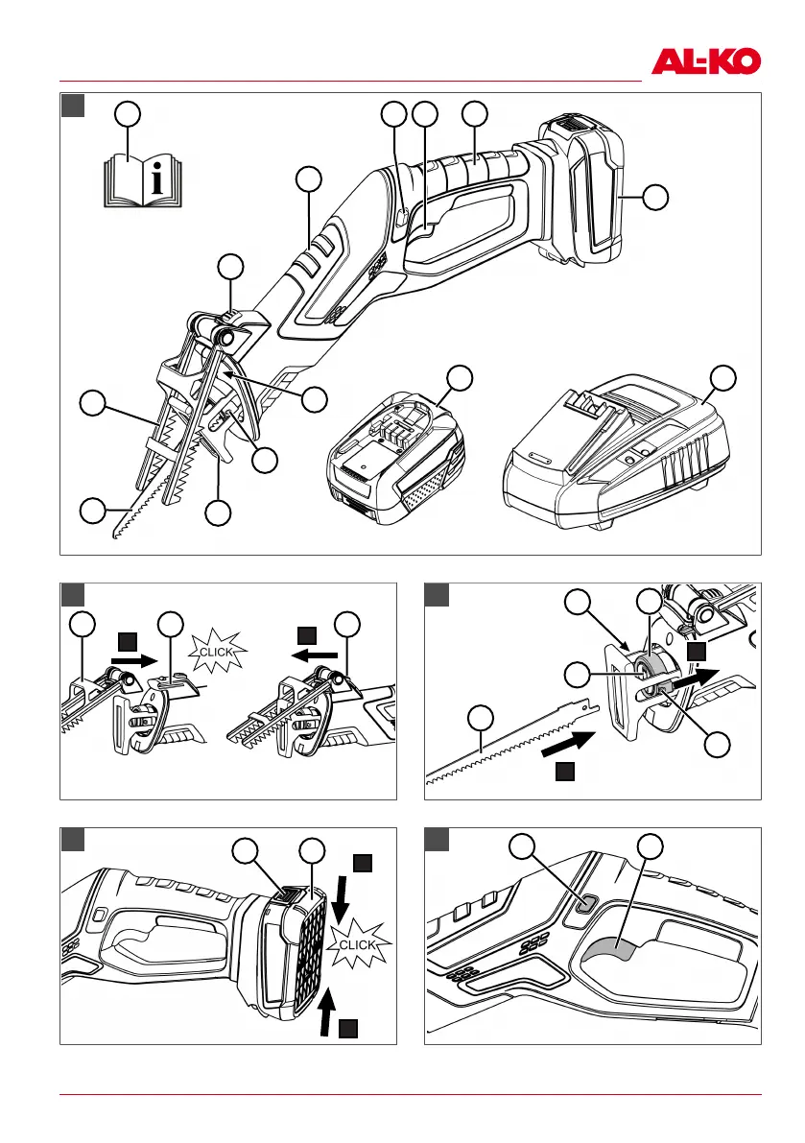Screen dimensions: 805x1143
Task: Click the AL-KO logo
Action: click(705, 62)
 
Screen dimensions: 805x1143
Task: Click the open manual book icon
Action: click(143, 180)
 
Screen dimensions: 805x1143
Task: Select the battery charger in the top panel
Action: click(615, 453)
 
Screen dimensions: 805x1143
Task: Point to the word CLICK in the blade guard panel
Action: click(216, 652)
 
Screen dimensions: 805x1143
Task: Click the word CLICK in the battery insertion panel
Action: click(357, 944)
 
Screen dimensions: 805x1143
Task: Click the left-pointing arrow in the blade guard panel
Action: click(314, 654)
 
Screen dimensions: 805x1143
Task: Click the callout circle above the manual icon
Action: click(129, 114)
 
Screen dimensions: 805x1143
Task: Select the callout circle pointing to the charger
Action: click(722, 377)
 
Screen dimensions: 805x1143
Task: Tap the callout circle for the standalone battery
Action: click(459, 377)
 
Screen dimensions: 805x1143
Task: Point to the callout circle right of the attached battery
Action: click(655, 197)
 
